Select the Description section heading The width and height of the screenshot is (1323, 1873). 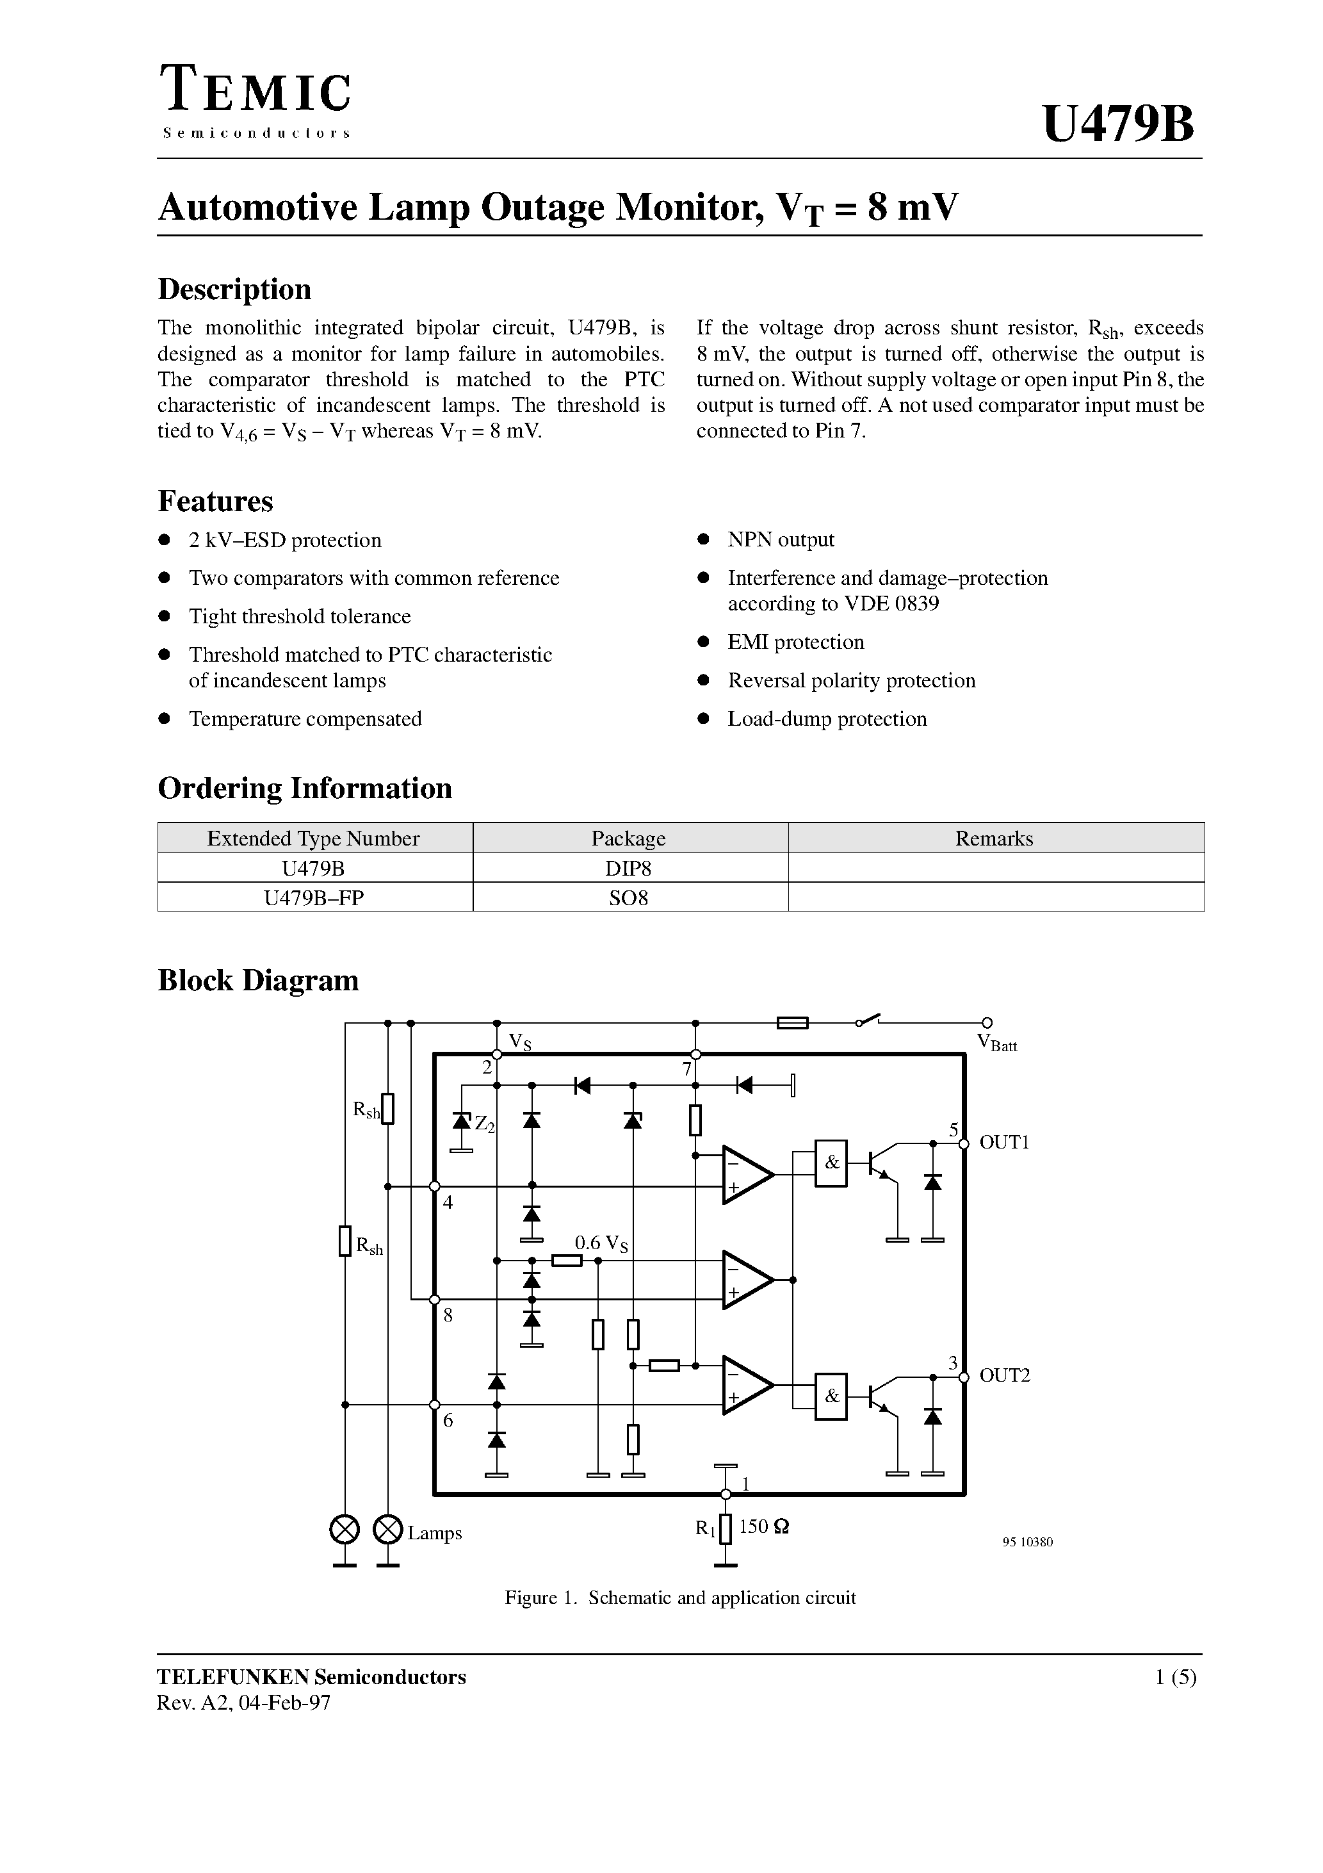pos(234,290)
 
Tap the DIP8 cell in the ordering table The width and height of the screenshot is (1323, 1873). pos(628,868)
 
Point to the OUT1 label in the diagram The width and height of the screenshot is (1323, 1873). pos(1004,1142)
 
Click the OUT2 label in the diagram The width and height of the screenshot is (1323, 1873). pos(1004,1375)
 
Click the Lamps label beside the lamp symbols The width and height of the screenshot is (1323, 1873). pos(434,1533)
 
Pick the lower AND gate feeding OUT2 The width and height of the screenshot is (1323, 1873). pos(831,1396)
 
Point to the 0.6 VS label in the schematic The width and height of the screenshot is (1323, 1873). pos(601,1243)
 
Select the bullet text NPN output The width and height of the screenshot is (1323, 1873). pos(781,539)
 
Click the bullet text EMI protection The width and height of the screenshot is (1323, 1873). pos(795,642)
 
